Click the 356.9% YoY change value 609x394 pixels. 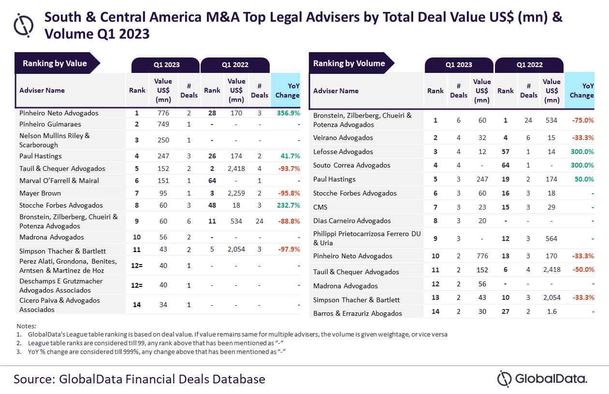point(289,113)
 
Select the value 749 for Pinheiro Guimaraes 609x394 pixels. point(163,124)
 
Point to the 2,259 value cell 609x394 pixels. point(236,193)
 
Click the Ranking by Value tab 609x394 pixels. point(55,63)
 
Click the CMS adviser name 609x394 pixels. point(320,207)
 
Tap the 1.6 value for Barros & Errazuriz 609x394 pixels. point(551,312)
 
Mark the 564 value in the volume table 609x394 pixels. point(551,239)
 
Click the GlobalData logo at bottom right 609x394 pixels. point(542,379)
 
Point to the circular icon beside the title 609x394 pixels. point(24,24)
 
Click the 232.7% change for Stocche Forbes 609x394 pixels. point(289,205)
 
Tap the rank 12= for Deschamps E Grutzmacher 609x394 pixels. point(137,285)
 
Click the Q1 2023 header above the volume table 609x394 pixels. point(459,65)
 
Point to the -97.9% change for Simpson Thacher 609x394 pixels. point(289,251)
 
